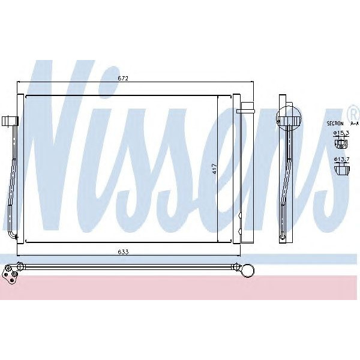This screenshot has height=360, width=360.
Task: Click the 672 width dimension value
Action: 123,79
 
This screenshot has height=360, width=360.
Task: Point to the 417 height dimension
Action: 214,170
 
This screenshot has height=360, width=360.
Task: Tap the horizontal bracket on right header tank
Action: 247,110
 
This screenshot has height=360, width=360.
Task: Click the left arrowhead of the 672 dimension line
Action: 21,82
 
